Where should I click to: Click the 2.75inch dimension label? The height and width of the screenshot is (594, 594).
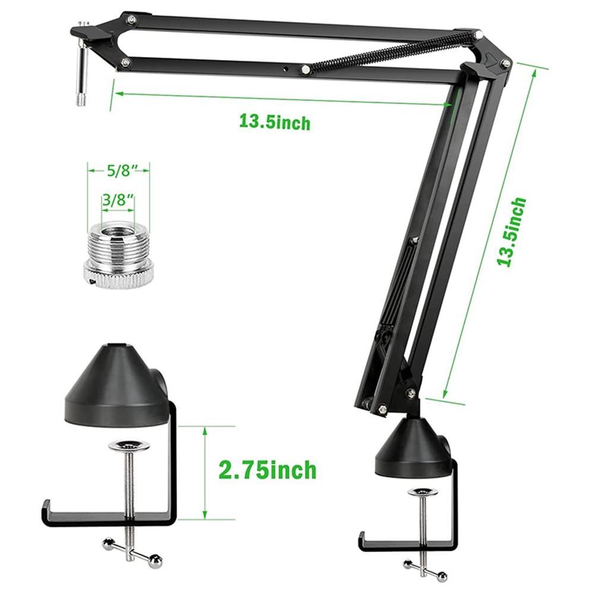[267, 470]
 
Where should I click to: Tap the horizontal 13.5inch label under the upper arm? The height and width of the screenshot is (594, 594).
[274, 122]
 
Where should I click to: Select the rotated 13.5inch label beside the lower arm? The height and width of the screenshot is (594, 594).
[512, 232]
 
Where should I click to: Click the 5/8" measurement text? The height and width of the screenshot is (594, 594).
[119, 171]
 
